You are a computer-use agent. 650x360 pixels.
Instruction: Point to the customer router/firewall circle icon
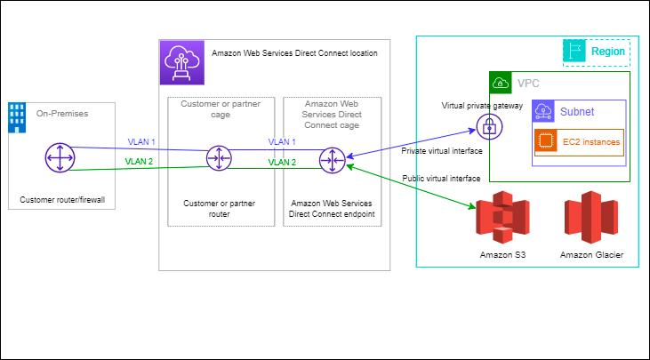[59, 158]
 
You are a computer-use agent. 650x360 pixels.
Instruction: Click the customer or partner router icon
[218, 159]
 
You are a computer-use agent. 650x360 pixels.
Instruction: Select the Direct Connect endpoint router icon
[333, 160]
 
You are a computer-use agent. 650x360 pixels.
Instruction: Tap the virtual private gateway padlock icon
[488, 127]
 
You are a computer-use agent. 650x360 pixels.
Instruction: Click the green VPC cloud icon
[500, 84]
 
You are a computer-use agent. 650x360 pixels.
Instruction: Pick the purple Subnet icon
[543, 111]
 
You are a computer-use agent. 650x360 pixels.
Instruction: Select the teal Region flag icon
[574, 52]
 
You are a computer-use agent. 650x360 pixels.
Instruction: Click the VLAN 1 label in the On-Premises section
[140, 142]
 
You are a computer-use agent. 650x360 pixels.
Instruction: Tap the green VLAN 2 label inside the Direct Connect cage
[282, 162]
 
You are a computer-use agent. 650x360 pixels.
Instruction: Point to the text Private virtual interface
[442, 151]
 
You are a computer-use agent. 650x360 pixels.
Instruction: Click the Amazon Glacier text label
[591, 255]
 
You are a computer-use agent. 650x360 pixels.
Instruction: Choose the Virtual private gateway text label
[482, 105]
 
